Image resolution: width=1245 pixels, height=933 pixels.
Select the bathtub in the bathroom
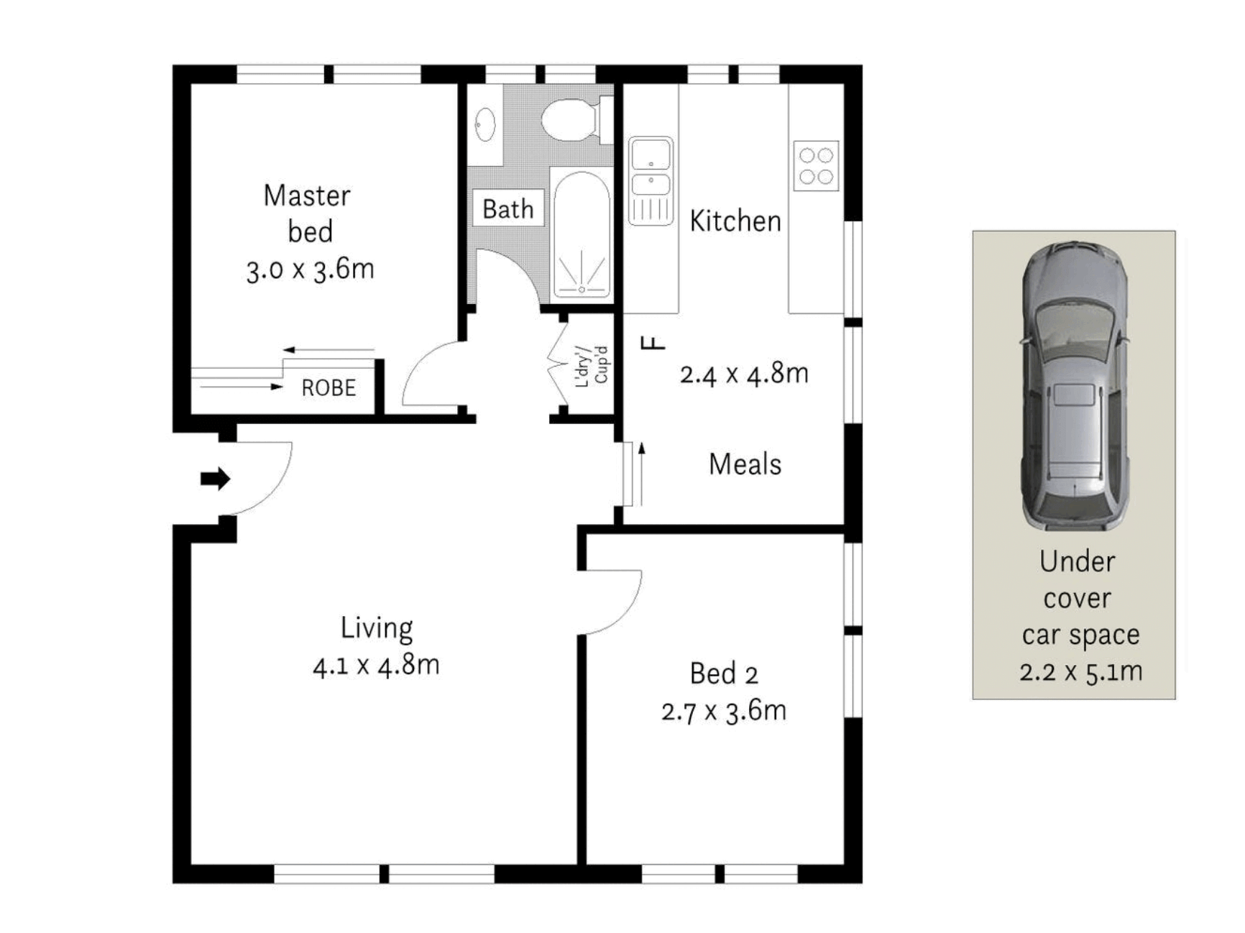pyautogui.click(x=582, y=235)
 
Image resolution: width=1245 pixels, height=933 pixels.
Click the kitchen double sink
pyautogui.click(x=651, y=180)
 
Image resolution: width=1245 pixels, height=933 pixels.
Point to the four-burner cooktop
pyautogui.click(x=816, y=166)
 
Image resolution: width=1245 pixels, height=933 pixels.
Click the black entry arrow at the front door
pyautogui.click(x=215, y=479)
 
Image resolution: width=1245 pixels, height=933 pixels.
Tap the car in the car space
pyautogui.click(x=1075, y=386)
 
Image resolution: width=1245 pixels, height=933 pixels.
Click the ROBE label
pyautogui.click(x=329, y=388)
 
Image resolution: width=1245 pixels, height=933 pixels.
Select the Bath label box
pyautogui.click(x=508, y=209)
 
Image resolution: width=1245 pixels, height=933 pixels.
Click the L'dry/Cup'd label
pyautogui.click(x=593, y=367)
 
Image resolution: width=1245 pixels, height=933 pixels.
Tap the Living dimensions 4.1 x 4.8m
pyautogui.click(x=376, y=666)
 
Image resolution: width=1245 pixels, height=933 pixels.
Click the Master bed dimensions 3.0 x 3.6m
pyautogui.click(x=310, y=270)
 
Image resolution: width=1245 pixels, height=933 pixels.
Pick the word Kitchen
pyautogui.click(x=735, y=221)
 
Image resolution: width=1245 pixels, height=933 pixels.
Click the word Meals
pyautogui.click(x=745, y=464)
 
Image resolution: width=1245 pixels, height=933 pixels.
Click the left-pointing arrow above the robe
pyautogui.click(x=329, y=350)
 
